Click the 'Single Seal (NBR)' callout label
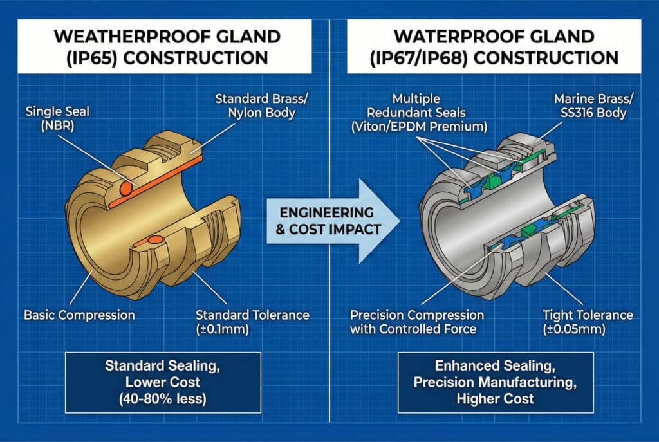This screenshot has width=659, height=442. (57, 118)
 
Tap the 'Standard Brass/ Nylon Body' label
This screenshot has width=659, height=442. (261, 106)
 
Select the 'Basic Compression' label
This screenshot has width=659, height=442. (79, 315)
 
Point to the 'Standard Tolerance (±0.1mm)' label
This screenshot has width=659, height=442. (252, 322)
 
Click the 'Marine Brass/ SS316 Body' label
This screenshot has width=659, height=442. (593, 106)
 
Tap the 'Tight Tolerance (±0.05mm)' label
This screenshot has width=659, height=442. (588, 322)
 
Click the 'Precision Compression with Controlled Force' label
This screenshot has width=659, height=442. (417, 322)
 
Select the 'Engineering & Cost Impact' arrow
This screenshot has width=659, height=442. (333, 221)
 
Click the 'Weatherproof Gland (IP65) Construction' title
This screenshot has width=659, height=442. (167, 46)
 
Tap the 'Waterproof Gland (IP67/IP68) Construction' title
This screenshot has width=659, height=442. (494, 46)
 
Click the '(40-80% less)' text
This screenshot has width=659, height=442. (163, 398)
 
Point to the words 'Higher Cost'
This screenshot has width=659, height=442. (495, 398)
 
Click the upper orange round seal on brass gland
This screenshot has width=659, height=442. (125, 188)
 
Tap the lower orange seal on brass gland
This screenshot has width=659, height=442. (155, 240)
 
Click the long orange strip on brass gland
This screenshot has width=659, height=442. (156, 182)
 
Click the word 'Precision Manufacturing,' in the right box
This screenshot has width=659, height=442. (495, 382)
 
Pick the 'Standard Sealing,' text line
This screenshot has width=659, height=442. (163, 365)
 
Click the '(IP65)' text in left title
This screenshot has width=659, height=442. (91, 57)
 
